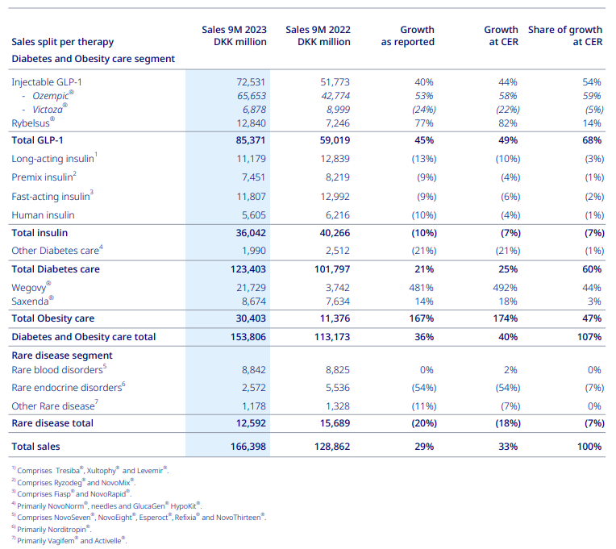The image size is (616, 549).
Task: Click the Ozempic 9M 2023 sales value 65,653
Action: tap(252, 96)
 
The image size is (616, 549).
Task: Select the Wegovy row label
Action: tap(31, 287)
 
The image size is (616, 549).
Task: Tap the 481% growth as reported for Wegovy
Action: tap(421, 288)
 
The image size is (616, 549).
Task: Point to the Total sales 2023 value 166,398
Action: tap(248, 447)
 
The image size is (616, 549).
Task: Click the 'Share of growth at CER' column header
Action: tap(565, 35)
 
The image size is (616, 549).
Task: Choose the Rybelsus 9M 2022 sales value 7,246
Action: tap(338, 123)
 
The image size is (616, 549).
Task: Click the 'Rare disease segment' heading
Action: tap(62, 356)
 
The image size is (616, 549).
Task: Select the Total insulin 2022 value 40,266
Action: tap(335, 233)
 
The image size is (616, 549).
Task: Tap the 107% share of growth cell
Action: tap(589, 337)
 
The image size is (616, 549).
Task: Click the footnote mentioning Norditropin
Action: tap(52, 529)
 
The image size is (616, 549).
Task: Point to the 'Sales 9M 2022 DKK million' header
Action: tap(318, 35)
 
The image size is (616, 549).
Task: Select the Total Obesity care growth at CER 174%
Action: tap(506, 318)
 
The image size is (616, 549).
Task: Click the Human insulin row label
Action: tap(43, 215)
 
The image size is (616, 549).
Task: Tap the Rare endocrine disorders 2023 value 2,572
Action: tap(254, 388)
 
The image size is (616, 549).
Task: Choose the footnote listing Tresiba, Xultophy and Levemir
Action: tap(90, 470)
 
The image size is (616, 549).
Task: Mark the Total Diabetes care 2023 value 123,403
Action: tap(248, 269)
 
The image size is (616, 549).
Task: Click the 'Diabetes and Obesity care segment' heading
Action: tap(93, 59)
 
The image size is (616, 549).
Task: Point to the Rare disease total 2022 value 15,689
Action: tap(335, 423)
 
